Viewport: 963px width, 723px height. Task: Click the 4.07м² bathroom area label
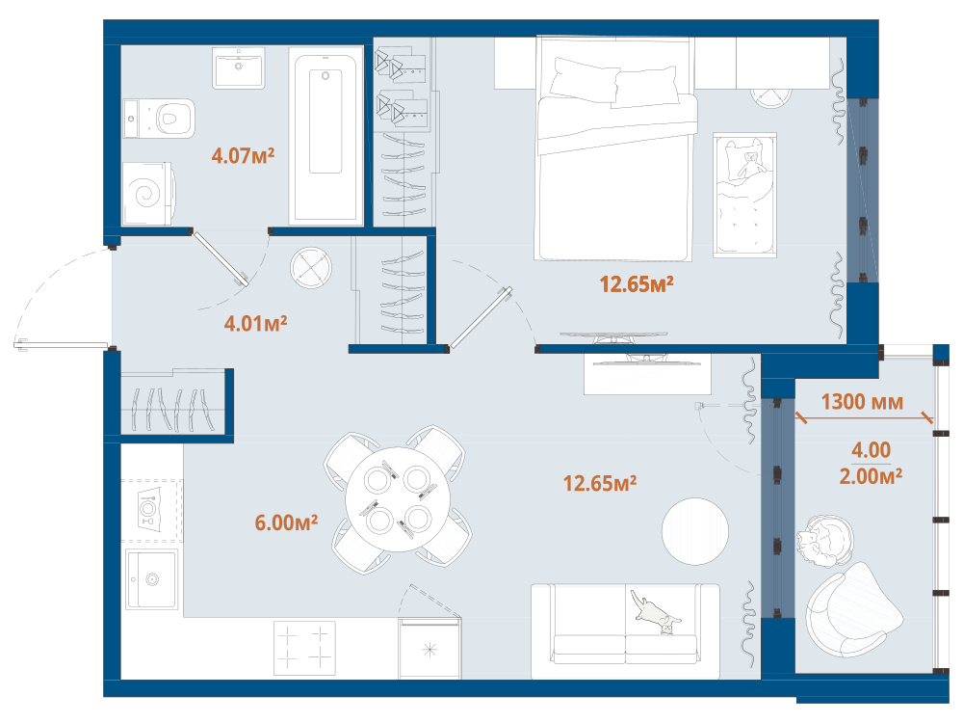(x=243, y=155)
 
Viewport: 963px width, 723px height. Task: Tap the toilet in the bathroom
(x=159, y=119)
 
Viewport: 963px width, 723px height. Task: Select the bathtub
(x=325, y=133)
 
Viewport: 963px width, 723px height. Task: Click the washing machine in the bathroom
(x=148, y=194)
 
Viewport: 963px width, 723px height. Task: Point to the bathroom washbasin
(x=239, y=67)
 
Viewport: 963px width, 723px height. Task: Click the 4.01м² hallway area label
(x=255, y=323)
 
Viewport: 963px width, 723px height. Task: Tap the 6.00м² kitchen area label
(x=286, y=522)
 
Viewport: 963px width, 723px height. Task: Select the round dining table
(x=398, y=499)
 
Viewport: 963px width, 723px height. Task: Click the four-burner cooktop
(x=304, y=649)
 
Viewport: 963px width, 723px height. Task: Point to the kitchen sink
(x=152, y=579)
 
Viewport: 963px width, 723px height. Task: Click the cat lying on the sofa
(x=656, y=613)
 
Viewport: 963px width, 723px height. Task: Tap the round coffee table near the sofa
(x=695, y=531)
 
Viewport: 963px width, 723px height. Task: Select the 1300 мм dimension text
(x=862, y=402)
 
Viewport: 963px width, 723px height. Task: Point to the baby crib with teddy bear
(x=745, y=195)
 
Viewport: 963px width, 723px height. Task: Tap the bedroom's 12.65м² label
(x=637, y=284)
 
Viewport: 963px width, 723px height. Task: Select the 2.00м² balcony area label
(x=871, y=476)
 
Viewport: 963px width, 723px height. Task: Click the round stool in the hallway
(x=311, y=267)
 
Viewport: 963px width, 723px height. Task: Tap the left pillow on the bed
(x=585, y=80)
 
